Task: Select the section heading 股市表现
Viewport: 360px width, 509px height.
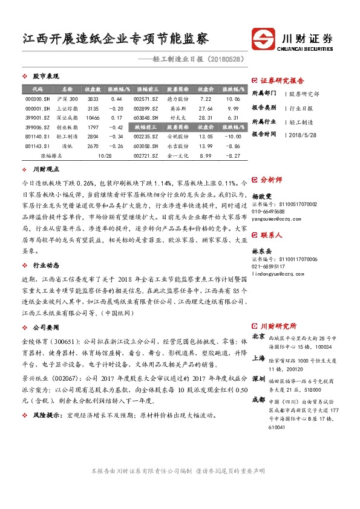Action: [45, 77]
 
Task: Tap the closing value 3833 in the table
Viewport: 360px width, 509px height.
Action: [93, 99]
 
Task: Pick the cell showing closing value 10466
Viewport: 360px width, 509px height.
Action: [93, 118]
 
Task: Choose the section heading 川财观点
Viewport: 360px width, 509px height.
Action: [45, 171]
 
